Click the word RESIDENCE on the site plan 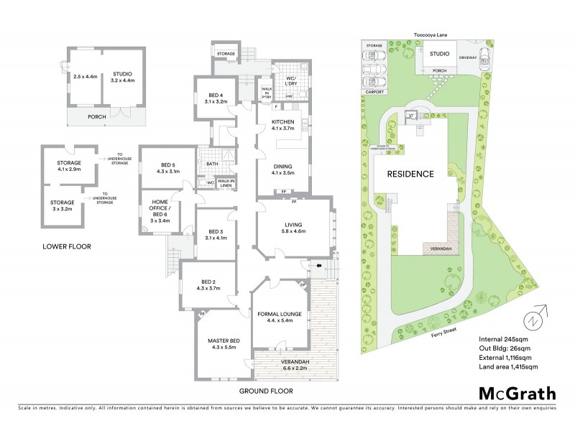(411, 174)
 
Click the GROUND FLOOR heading (267, 391)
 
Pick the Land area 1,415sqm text (508, 366)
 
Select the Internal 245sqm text (501, 338)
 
